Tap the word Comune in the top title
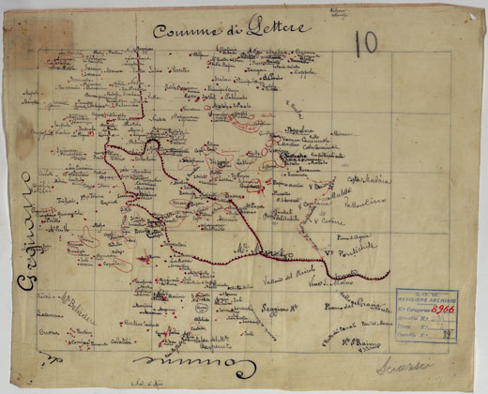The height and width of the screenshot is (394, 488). click(x=185, y=30)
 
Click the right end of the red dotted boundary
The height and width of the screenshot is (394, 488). click(x=388, y=275)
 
